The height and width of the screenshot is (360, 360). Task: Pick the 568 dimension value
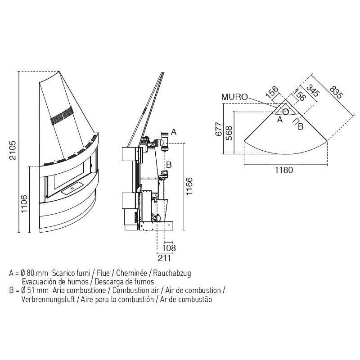pos(229,134)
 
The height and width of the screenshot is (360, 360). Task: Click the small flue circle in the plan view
pos(286,112)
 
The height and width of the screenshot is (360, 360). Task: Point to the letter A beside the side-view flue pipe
pos(174,132)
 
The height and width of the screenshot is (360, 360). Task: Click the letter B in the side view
pos(169,165)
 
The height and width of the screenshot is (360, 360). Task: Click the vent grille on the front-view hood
pos(61,116)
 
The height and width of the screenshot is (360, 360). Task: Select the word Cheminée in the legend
pos(134,273)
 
